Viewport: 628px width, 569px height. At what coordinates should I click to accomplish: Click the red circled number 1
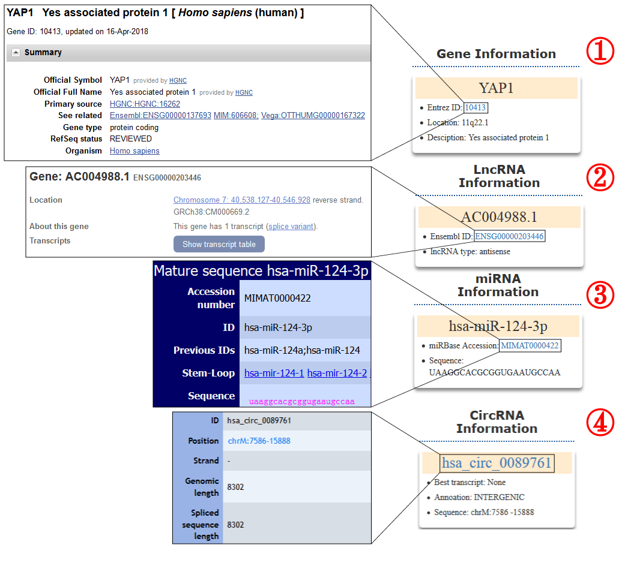coord(600,51)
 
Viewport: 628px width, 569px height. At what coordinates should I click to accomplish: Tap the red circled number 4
coord(600,422)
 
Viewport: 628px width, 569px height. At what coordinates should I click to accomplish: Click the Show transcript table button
coord(219,244)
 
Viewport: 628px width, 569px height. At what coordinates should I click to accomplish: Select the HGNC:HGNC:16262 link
coord(145,104)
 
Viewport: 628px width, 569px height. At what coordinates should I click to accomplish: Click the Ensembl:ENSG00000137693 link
coord(161,116)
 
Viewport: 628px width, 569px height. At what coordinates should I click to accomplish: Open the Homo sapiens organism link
coord(134,150)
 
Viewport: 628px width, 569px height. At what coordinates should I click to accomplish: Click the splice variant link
coord(291,226)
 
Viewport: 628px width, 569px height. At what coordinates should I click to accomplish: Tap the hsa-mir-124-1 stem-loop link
coord(274,373)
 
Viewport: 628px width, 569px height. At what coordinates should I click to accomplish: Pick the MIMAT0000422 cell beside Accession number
coord(277,298)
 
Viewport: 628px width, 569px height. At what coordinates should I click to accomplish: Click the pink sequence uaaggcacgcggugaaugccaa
coord(301,402)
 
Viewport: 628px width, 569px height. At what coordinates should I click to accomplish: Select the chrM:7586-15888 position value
coord(259,441)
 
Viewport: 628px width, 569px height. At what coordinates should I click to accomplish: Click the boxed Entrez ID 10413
coord(476,107)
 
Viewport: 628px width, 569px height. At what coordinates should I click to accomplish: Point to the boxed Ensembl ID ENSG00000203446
coord(509,236)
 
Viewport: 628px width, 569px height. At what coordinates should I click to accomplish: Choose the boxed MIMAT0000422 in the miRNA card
coord(530,345)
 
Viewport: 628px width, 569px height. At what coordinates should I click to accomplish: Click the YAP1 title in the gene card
coord(497,88)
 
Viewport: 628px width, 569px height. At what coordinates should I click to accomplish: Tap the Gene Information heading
coord(497,53)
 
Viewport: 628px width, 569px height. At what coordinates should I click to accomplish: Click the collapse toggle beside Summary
coord(16,52)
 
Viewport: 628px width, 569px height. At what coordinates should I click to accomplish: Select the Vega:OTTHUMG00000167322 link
coord(313,116)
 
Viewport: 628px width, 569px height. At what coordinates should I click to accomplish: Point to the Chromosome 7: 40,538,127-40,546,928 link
coord(242,200)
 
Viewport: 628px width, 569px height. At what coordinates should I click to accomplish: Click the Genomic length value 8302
coord(235,487)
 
